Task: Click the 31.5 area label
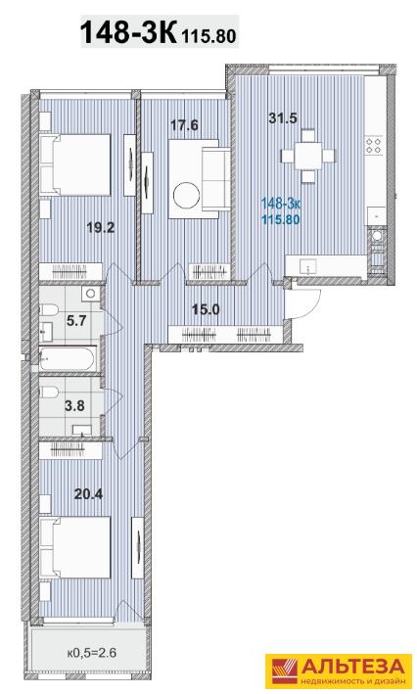[283, 118]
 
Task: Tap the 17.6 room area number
[185, 125]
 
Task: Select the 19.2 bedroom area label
[102, 227]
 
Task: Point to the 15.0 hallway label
[206, 309]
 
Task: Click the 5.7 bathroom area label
[76, 320]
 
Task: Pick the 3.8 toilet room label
[74, 405]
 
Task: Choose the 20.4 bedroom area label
[88, 493]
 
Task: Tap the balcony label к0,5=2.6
[92, 652]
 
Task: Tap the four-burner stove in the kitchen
[374, 146]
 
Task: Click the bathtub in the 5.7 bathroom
[68, 358]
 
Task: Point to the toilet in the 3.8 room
[50, 393]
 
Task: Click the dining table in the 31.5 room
[308, 156]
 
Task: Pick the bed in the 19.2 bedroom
[74, 164]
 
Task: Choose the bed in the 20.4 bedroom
[74, 547]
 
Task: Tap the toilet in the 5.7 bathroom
[49, 310]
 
